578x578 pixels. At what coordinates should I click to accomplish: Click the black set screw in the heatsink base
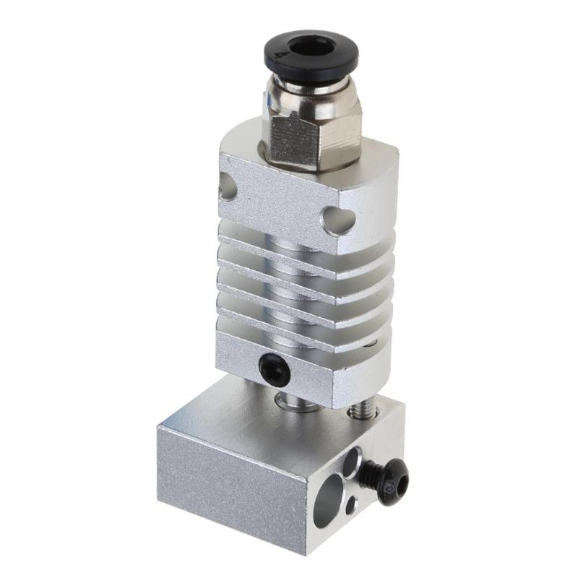pos(275,369)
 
